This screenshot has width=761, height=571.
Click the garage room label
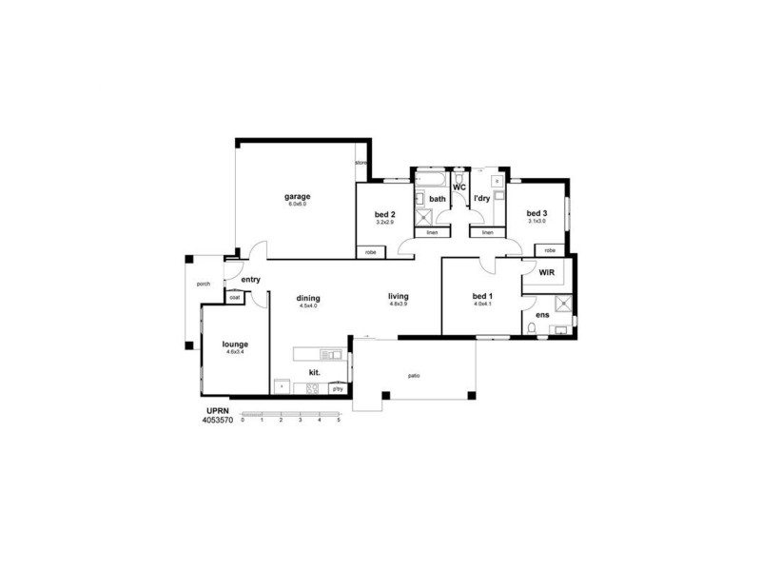298,197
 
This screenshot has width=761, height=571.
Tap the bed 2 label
385,214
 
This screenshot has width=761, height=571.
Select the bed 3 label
537,213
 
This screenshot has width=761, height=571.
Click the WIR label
546,272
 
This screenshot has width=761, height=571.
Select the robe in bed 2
370,252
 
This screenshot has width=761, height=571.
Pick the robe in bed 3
551,249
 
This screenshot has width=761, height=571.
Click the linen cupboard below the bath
431,232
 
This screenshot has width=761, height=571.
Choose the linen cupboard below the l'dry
487,232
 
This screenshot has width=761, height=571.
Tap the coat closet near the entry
234,298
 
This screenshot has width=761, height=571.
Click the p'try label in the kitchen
337,388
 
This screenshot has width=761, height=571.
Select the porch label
203,284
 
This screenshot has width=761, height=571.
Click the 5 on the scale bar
339,420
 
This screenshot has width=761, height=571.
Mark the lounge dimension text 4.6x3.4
235,352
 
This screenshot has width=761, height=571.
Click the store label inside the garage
361,163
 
